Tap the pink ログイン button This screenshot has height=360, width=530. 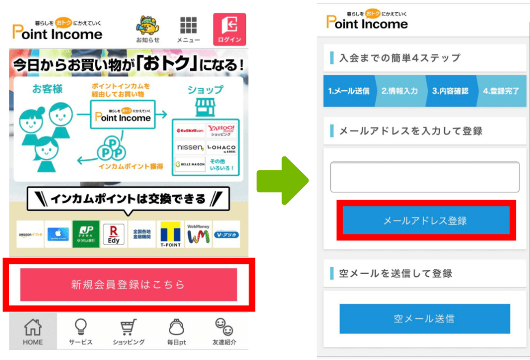229,29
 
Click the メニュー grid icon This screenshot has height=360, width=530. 188,29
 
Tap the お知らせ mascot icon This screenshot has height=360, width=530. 148,29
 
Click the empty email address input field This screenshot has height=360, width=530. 424,177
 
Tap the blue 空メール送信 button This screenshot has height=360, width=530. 424,319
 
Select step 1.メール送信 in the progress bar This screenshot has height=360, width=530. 349,91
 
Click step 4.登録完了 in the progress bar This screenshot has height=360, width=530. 501,91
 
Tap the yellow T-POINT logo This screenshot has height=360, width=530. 170,234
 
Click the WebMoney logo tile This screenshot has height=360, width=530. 198,234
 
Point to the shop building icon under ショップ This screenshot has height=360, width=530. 204,108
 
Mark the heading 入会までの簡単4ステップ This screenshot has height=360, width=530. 399,58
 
